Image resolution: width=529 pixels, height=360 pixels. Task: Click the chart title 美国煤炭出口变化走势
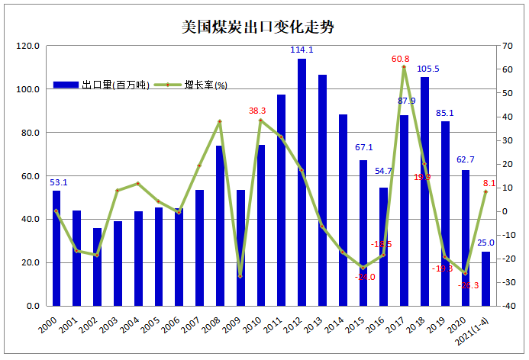(258, 27)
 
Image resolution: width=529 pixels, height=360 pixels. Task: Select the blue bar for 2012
(302, 183)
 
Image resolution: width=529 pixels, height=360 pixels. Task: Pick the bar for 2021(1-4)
(485, 278)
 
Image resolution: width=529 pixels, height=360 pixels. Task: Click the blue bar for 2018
(424, 191)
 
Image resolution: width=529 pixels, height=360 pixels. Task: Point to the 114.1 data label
(302, 50)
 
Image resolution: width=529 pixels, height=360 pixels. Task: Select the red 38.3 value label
(257, 111)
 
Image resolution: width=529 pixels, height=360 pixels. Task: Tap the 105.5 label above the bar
(427, 69)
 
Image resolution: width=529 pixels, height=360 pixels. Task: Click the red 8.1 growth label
(489, 183)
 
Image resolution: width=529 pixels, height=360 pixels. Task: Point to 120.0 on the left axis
(28, 47)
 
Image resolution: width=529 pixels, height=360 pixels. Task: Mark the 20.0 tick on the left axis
(31, 263)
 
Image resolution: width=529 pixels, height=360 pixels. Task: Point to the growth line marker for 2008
(220, 121)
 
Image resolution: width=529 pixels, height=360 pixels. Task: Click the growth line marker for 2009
(240, 275)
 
